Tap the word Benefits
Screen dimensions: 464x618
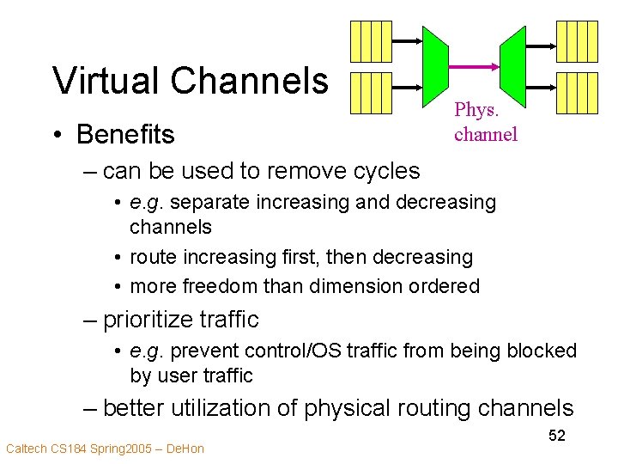point(125,135)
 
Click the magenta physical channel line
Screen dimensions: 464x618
point(475,67)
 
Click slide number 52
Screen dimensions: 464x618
point(557,436)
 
